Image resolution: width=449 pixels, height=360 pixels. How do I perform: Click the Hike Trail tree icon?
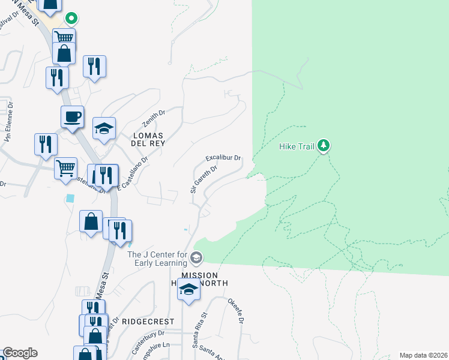pos(324,145)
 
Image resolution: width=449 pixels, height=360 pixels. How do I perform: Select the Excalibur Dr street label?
pos(223,158)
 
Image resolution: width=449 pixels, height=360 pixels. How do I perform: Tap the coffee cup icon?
pos(72,116)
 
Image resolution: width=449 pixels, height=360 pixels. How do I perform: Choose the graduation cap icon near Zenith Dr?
pos(104,128)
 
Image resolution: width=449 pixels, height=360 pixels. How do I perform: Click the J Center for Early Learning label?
pos(157,259)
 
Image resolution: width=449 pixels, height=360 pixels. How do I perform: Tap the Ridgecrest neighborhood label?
pos(139,321)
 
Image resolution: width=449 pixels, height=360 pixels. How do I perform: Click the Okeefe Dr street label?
pos(235,311)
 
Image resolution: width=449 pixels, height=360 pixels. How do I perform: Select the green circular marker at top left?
pos(71,19)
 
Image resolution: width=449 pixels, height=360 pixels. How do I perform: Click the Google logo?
pos(20,353)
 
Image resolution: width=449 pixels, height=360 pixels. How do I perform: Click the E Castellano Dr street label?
pos(133,174)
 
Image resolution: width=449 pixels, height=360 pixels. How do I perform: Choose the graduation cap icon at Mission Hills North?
pos(188,290)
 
